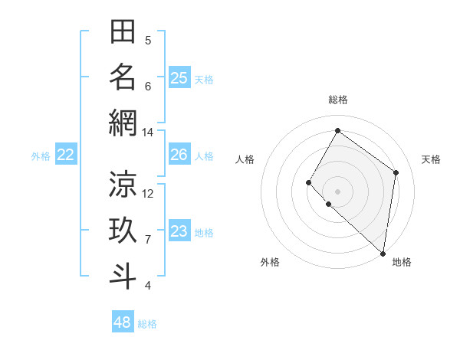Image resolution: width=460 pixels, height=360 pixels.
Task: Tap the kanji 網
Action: point(123,123)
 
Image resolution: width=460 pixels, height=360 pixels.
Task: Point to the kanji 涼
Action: point(123,184)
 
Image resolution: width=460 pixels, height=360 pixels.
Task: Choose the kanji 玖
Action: point(123,231)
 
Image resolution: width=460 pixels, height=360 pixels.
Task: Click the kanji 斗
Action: point(123,277)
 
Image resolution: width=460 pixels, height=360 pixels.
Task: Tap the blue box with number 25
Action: point(179,77)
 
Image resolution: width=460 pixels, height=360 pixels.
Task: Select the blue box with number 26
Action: point(179,155)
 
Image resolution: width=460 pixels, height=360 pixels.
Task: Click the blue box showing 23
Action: point(179,231)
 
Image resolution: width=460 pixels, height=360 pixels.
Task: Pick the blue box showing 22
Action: point(66,155)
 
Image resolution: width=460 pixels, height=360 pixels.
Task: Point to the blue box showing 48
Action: point(123,322)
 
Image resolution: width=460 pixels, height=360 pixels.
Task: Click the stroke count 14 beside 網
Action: point(147,133)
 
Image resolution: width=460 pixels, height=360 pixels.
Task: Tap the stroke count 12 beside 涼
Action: point(148,193)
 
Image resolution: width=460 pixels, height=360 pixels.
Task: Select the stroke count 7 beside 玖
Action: point(148,240)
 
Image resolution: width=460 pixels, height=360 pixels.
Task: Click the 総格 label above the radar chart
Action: point(337,100)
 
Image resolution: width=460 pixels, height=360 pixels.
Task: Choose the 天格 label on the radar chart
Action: point(432,159)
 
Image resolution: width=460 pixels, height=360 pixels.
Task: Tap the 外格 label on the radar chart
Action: point(270,262)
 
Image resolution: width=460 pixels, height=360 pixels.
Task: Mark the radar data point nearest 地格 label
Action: point(383,253)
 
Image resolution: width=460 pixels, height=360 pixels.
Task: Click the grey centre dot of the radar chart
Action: point(337,191)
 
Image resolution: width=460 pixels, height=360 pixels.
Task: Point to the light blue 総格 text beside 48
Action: point(147,324)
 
